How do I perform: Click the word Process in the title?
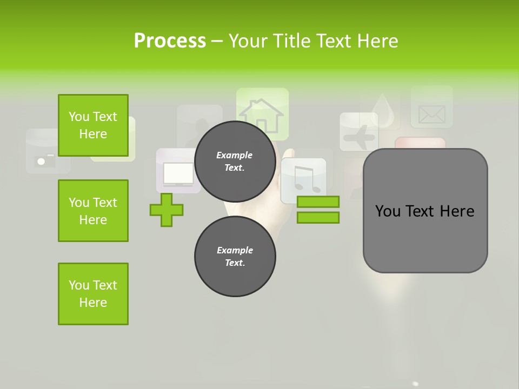click(x=170, y=41)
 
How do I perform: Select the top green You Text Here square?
click(x=93, y=125)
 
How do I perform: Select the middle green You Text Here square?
click(x=93, y=211)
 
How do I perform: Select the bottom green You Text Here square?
click(x=93, y=294)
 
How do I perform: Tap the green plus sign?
click(x=167, y=210)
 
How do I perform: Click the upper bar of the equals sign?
click(x=318, y=202)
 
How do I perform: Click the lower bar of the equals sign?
click(x=318, y=218)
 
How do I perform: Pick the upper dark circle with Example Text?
click(x=235, y=161)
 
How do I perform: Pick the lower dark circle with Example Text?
click(x=235, y=256)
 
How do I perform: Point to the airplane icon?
click(x=359, y=132)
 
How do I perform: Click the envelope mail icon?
click(x=431, y=112)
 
